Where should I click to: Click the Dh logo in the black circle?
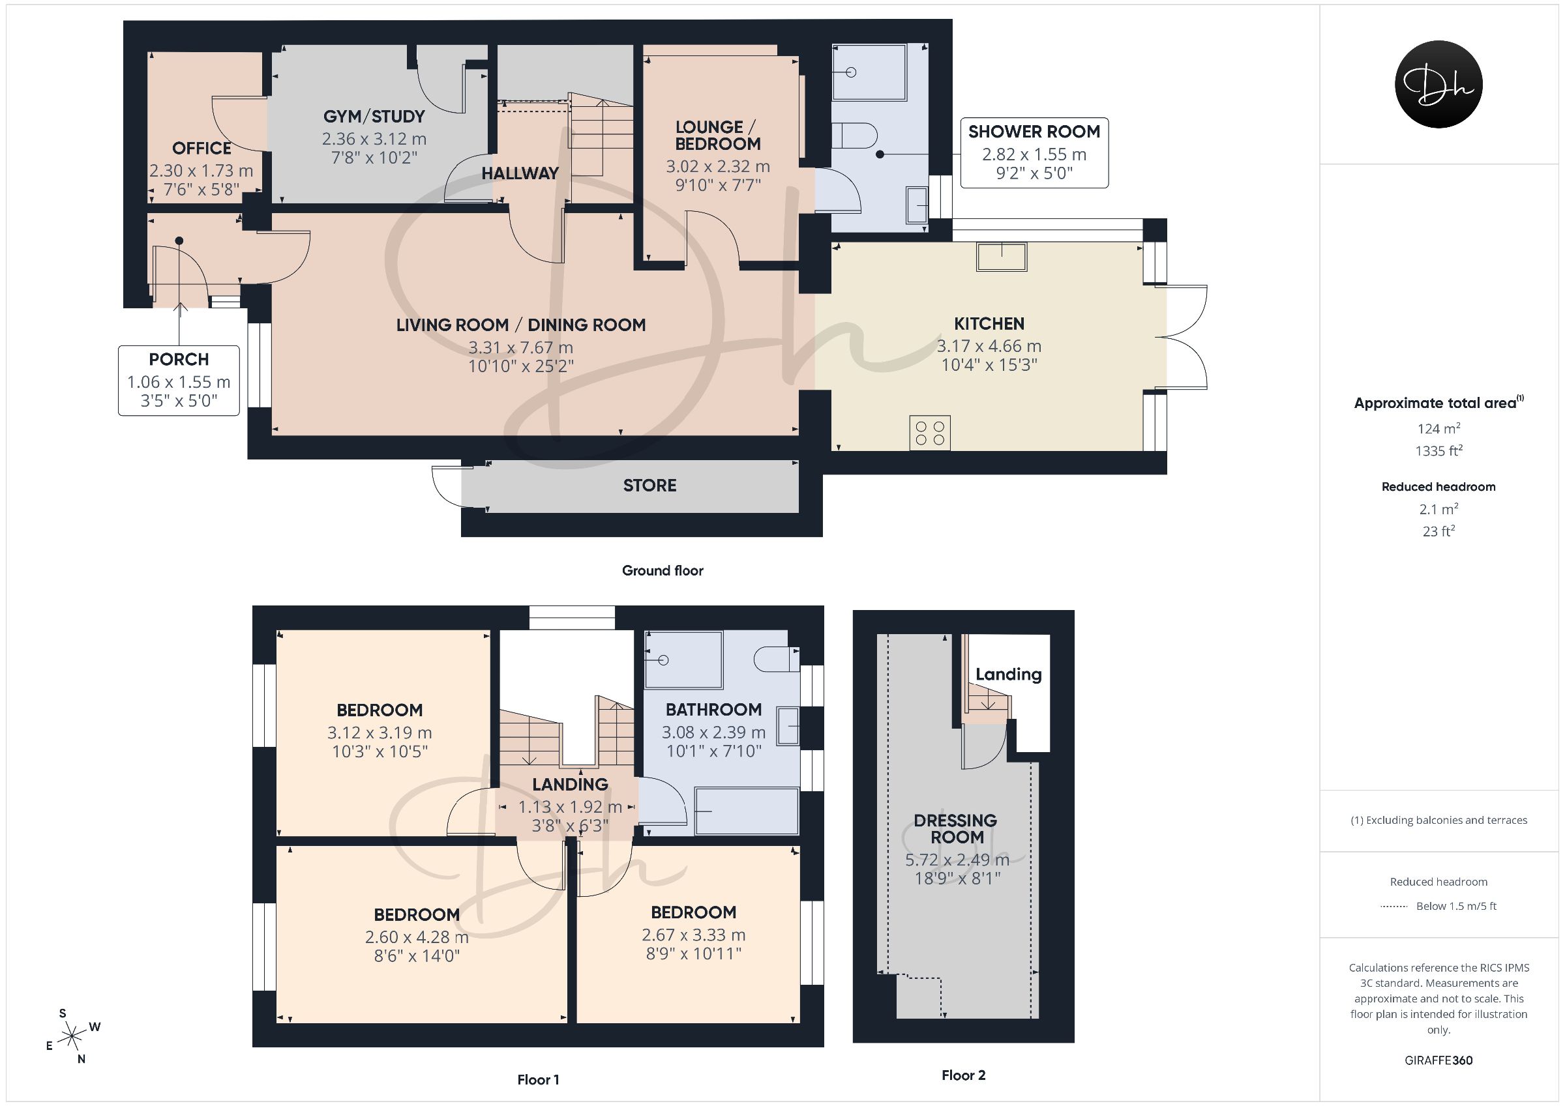click(1438, 85)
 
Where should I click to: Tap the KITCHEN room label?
click(989, 324)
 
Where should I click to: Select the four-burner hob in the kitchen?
click(930, 433)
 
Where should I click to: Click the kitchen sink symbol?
click(1002, 257)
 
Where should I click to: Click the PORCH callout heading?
click(179, 359)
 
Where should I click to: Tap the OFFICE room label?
click(201, 149)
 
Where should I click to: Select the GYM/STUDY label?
click(374, 117)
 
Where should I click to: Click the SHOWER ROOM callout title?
click(1034, 132)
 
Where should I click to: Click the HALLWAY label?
click(520, 174)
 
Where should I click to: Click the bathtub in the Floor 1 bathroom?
click(747, 811)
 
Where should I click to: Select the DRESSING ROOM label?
click(956, 828)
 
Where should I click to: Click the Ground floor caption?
click(663, 571)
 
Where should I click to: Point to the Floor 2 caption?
click(963, 1075)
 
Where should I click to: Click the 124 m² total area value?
click(1438, 429)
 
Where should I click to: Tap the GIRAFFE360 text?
click(1438, 1060)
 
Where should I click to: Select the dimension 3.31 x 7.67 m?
click(521, 348)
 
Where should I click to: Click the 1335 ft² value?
click(1438, 450)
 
